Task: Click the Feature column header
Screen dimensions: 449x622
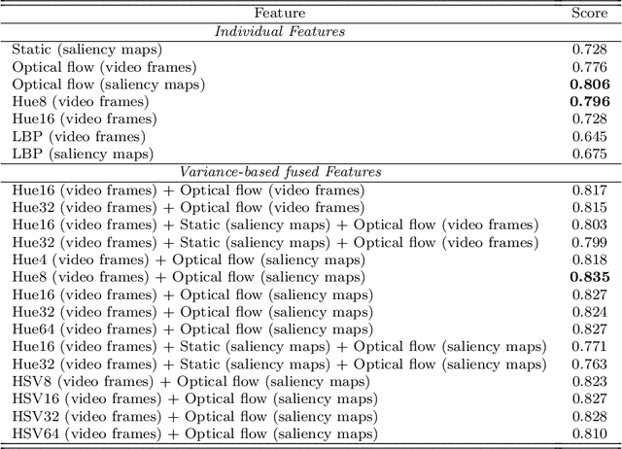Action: (x=280, y=13)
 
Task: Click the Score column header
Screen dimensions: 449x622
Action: (x=590, y=13)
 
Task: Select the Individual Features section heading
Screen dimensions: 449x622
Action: (x=280, y=31)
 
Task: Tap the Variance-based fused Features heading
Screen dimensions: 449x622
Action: (x=280, y=172)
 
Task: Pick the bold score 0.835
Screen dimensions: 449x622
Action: (x=590, y=277)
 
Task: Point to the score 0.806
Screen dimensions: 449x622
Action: (x=590, y=85)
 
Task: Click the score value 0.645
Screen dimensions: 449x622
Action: (x=590, y=137)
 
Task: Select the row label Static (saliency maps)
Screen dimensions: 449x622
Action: (x=87, y=49)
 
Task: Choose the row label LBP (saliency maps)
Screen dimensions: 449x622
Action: (x=83, y=155)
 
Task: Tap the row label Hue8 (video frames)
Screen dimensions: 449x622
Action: (x=81, y=102)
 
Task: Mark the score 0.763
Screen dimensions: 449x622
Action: (x=590, y=364)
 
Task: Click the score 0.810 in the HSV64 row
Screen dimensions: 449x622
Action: (x=590, y=434)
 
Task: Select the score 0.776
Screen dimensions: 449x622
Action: (x=590, y=66)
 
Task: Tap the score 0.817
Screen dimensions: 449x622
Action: (x=590, y=190)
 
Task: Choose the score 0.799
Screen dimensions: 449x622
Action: (x=590, y=242)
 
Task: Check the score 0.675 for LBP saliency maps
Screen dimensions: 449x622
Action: (x=590, y=155)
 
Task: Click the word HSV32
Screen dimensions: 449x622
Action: (x=34, y=417)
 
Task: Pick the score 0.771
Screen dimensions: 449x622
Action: (x=590, y=347)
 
